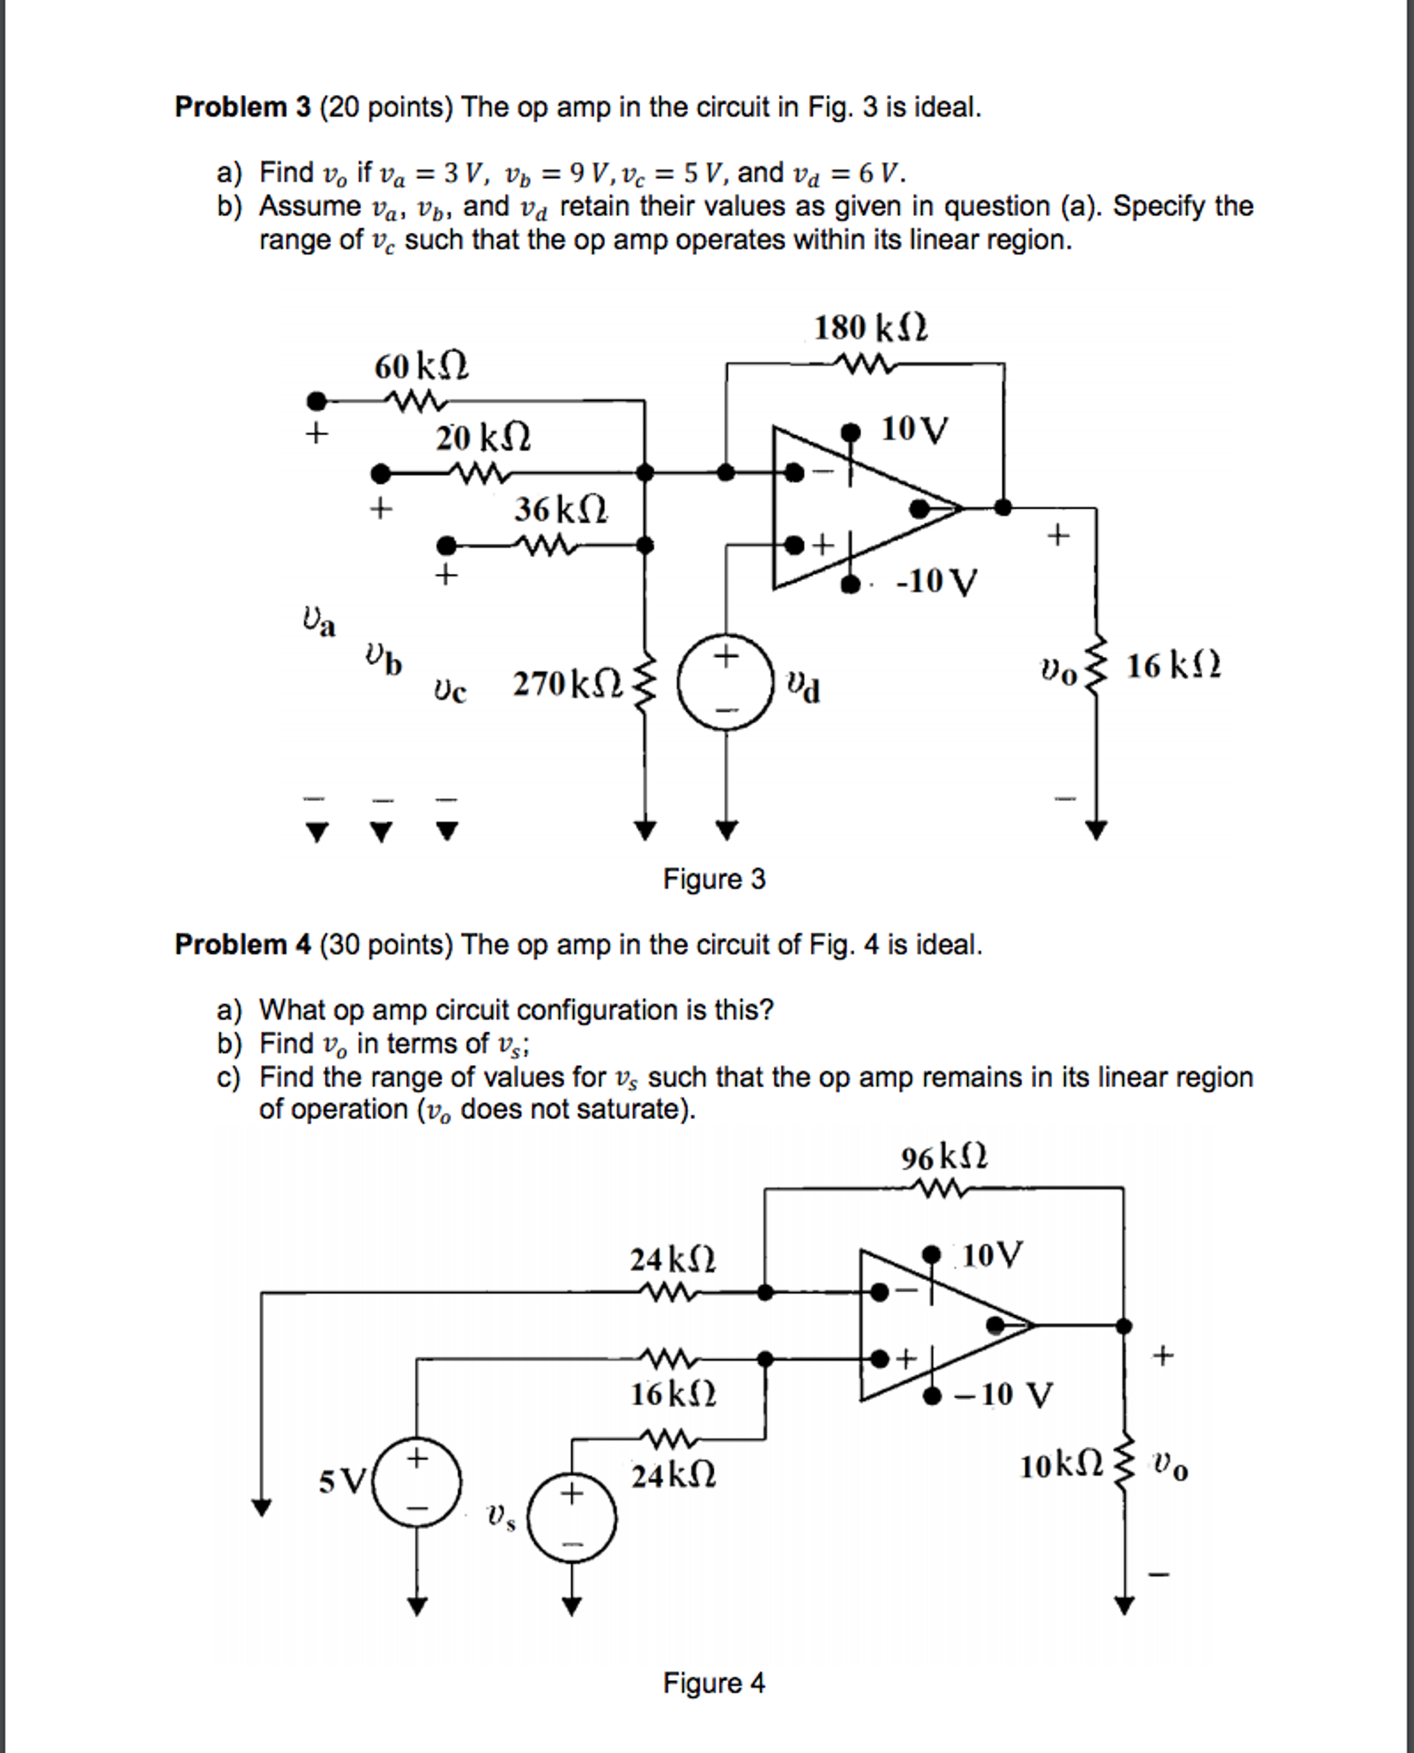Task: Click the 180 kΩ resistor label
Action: point(870,328)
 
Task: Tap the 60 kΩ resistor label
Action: point(421,367)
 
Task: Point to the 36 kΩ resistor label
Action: point(561,510)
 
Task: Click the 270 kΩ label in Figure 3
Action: point(566,685)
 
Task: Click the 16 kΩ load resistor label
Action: point(1173,666)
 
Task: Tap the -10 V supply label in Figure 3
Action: point(936,582)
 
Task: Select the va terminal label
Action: point(319,622)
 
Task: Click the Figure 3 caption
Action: point(714,879)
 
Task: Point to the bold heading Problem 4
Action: point(243,944)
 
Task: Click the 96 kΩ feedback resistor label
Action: point(944,1158)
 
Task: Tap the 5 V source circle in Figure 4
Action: point(417,1482)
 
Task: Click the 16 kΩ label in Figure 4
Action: point(673,1395)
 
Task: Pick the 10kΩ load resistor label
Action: point(1061,1467)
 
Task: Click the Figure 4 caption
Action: point(714,1684)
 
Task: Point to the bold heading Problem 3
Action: point(243,107)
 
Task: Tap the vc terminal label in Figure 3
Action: point(450,690)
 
